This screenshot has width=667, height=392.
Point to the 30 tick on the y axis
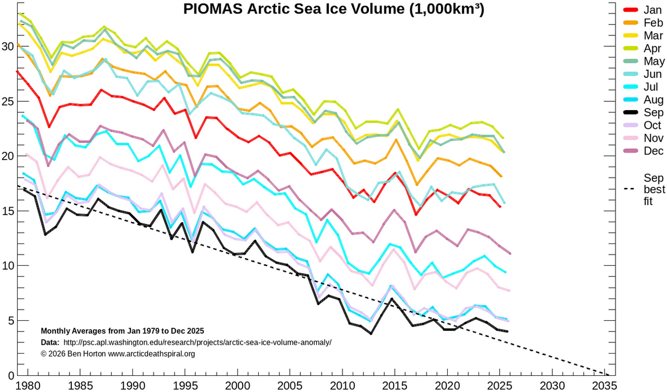click(8, 46)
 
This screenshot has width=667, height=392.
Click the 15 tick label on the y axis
click(8, 211)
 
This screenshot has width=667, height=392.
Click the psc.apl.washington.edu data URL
click(197, 342)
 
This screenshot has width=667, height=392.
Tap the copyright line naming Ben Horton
click(117, 354)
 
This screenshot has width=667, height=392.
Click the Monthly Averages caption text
click(122, 331)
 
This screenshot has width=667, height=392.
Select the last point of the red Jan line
click(500, 207)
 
